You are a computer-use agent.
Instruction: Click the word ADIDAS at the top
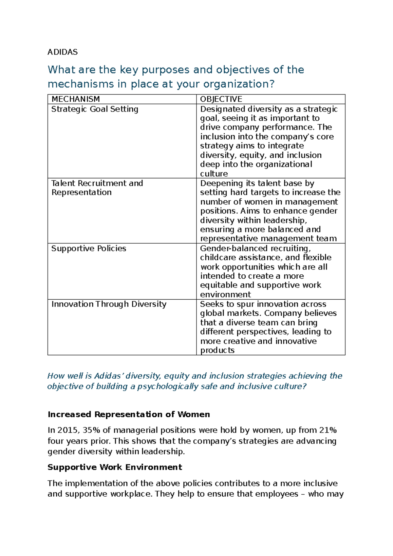coord(63,52)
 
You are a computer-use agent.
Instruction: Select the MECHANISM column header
coord(76,99)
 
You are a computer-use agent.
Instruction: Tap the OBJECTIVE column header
coord(221,99)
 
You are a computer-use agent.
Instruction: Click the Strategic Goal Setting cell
coord(95,109)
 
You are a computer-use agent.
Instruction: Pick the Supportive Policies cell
coord(89,248)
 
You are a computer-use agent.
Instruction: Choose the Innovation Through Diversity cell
coord(109,304)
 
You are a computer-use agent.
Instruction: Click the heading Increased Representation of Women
coord(129,414)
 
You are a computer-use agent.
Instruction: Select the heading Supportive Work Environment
coord(115,467)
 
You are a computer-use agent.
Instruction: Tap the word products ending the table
coord(217,350)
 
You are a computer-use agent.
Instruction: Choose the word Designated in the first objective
coord(223,109)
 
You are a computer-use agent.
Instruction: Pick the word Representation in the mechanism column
coord(82,192)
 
